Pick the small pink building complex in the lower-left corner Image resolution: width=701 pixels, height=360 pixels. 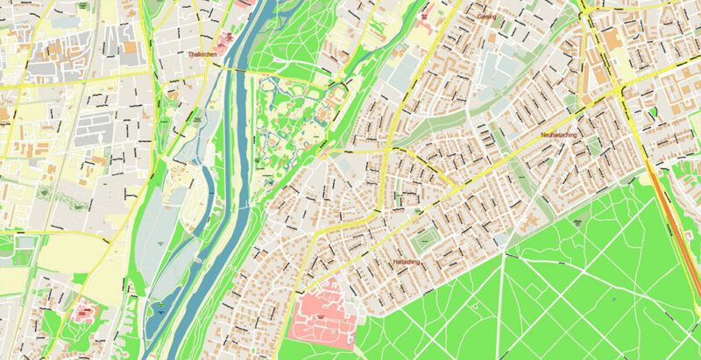pyautogui.click(x=85, y=309)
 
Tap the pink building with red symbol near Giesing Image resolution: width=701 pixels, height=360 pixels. pyautogui.click(x=425, y=16)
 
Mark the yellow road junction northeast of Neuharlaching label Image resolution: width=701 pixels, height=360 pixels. pyautogui.click(x=621, y=90)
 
